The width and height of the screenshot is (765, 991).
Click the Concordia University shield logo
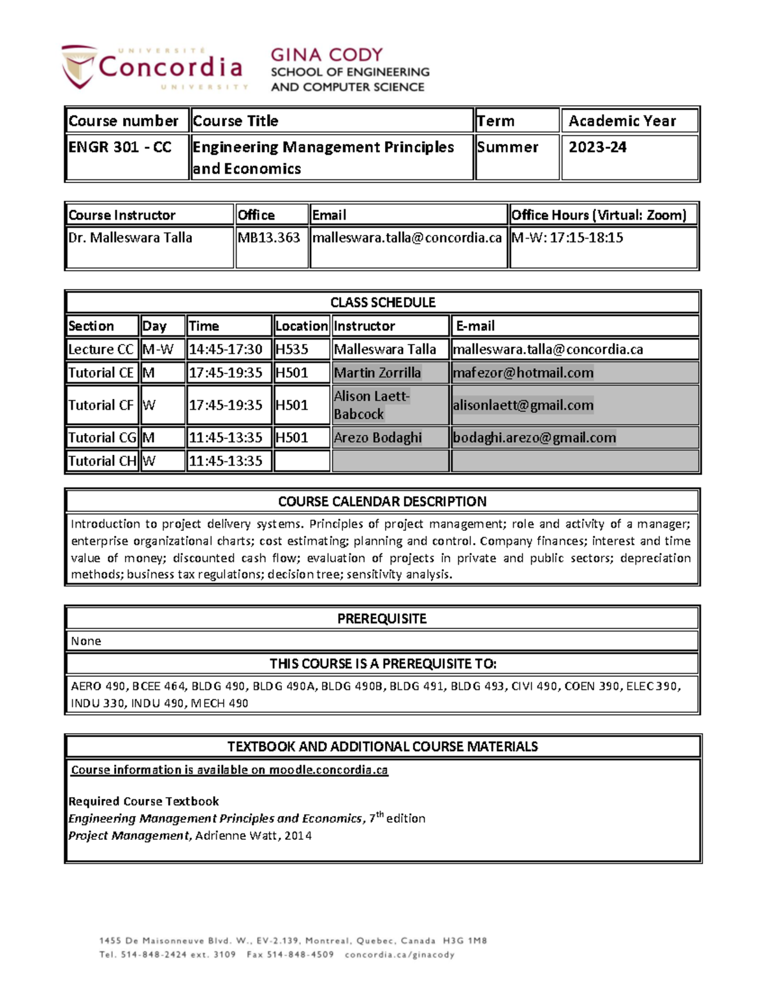[79, 66]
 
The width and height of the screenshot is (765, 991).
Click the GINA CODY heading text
[326, 55]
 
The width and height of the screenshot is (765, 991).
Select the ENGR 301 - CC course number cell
[120, 147]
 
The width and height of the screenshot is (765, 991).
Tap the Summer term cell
[507, 147]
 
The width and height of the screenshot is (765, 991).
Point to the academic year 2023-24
[597, 147]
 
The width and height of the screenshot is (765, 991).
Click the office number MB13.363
[268, 238]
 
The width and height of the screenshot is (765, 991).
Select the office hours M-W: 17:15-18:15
[567, 238]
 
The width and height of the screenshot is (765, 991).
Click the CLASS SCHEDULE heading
[382, 302]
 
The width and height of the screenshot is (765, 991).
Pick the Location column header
[302, 326]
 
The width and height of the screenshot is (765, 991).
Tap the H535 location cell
[291, 350]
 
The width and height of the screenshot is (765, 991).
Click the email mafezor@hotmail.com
[523, 373]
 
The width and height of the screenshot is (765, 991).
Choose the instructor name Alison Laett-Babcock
[372, 405]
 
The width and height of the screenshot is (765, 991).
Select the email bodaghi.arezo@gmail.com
[534, 438]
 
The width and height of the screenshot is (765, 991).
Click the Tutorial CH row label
[102, 461]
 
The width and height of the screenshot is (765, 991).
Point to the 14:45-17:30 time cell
[226, 350]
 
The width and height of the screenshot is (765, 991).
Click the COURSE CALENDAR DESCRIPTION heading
[382, 502]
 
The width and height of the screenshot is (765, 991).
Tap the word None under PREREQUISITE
[86, 641]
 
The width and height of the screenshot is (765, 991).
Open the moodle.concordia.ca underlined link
[328, 770]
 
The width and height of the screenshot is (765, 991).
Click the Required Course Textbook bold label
[143, 801]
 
